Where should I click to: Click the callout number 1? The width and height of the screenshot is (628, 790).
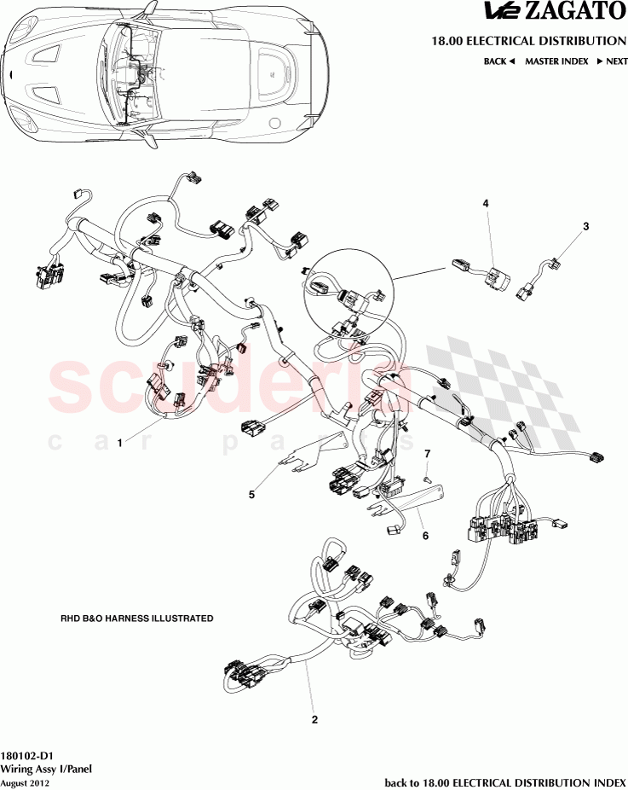pos(120,443)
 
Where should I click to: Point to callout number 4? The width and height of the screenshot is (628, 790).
pos(486,204)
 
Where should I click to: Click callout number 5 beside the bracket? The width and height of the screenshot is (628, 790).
pos(251,493)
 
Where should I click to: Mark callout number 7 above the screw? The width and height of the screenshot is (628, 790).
pos(428,452)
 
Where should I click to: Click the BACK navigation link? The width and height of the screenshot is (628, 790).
pos(499,61)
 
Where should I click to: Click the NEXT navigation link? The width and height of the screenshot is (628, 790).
pos(612,61)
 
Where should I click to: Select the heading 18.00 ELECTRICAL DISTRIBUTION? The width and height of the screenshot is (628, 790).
pos(529,41)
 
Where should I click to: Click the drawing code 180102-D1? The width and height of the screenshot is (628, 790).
pos(27,756)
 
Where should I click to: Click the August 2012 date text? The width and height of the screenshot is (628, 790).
pos(25,781)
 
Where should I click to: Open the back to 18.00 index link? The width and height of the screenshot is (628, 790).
pos(504,781)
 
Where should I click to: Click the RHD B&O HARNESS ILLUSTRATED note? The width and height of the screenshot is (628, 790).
pos(136,619)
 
